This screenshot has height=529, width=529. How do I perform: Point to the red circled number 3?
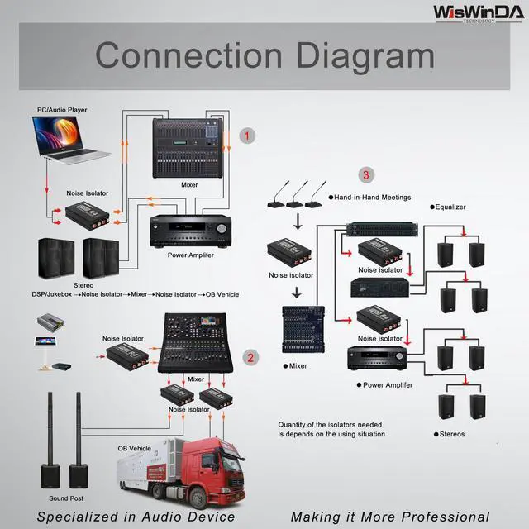[366, 174]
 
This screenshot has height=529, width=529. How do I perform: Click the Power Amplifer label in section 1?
[190, 255]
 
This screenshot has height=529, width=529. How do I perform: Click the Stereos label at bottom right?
[449, 434]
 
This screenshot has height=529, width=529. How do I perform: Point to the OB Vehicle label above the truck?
[134, 448]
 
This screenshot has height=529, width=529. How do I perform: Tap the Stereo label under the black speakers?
[83, 284]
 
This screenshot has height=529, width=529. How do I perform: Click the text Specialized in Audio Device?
[136, 517]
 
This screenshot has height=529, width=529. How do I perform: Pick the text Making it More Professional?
[389, 517]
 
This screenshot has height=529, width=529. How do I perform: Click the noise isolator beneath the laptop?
[83, 213]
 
